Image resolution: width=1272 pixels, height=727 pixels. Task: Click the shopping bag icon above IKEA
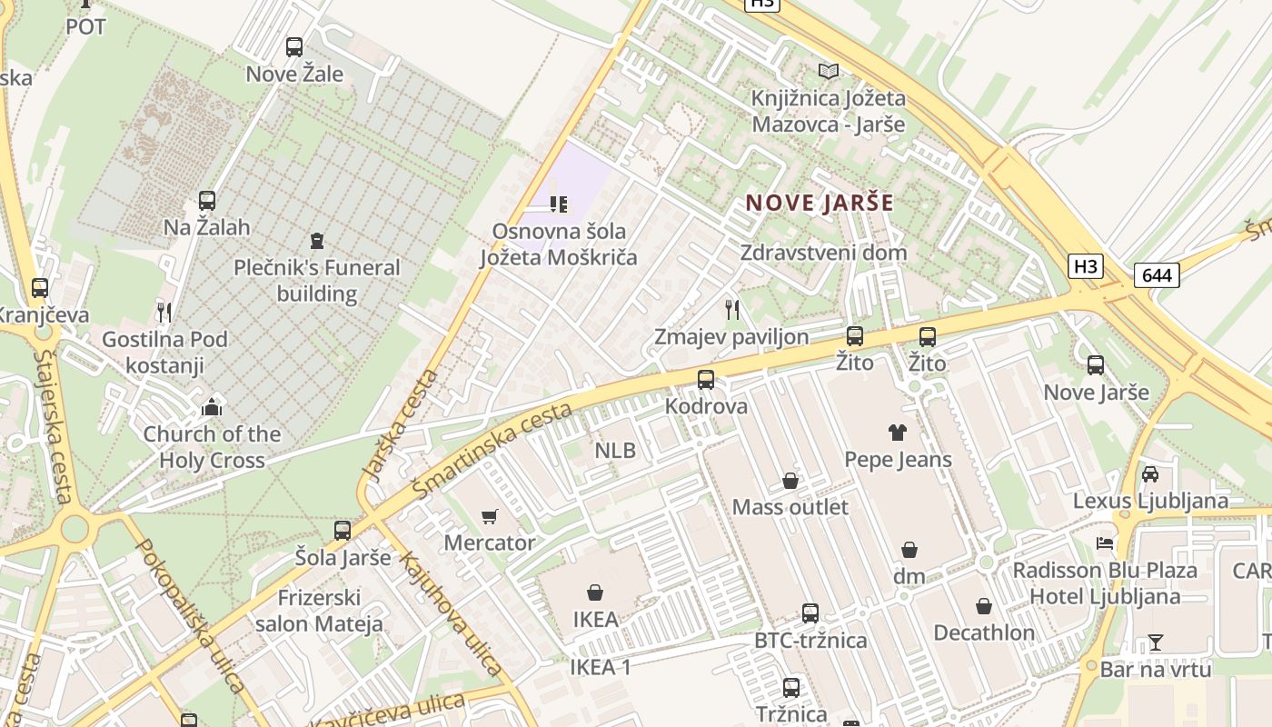[595, 593]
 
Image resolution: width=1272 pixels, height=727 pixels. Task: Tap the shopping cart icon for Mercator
[490, 516]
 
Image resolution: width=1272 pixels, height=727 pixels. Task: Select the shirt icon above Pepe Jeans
[898, 433]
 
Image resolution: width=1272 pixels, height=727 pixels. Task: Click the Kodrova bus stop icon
[706, 379]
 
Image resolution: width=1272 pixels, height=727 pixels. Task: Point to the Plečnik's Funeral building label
[316, 280]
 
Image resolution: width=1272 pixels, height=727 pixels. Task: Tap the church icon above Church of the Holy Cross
[212, 406]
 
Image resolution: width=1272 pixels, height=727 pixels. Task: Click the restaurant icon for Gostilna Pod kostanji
[164, 313]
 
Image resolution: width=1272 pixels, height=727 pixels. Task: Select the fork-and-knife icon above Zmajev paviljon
[732, 310]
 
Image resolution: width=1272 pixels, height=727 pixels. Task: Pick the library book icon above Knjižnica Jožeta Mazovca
[828, 71]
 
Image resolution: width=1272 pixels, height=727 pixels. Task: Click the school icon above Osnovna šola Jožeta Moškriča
[559, 204]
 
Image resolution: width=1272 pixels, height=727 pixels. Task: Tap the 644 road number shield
[1157, 274]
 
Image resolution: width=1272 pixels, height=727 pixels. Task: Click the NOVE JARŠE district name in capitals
[820, 203]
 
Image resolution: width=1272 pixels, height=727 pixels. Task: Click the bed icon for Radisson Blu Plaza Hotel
[1105, 543]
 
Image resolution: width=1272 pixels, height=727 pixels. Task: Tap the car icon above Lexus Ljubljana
[1150, 473]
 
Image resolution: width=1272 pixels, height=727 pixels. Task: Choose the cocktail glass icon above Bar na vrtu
[1155, 642]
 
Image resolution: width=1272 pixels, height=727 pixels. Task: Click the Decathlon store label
[984, 632]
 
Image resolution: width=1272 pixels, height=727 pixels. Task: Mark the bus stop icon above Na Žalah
[207, 200]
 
